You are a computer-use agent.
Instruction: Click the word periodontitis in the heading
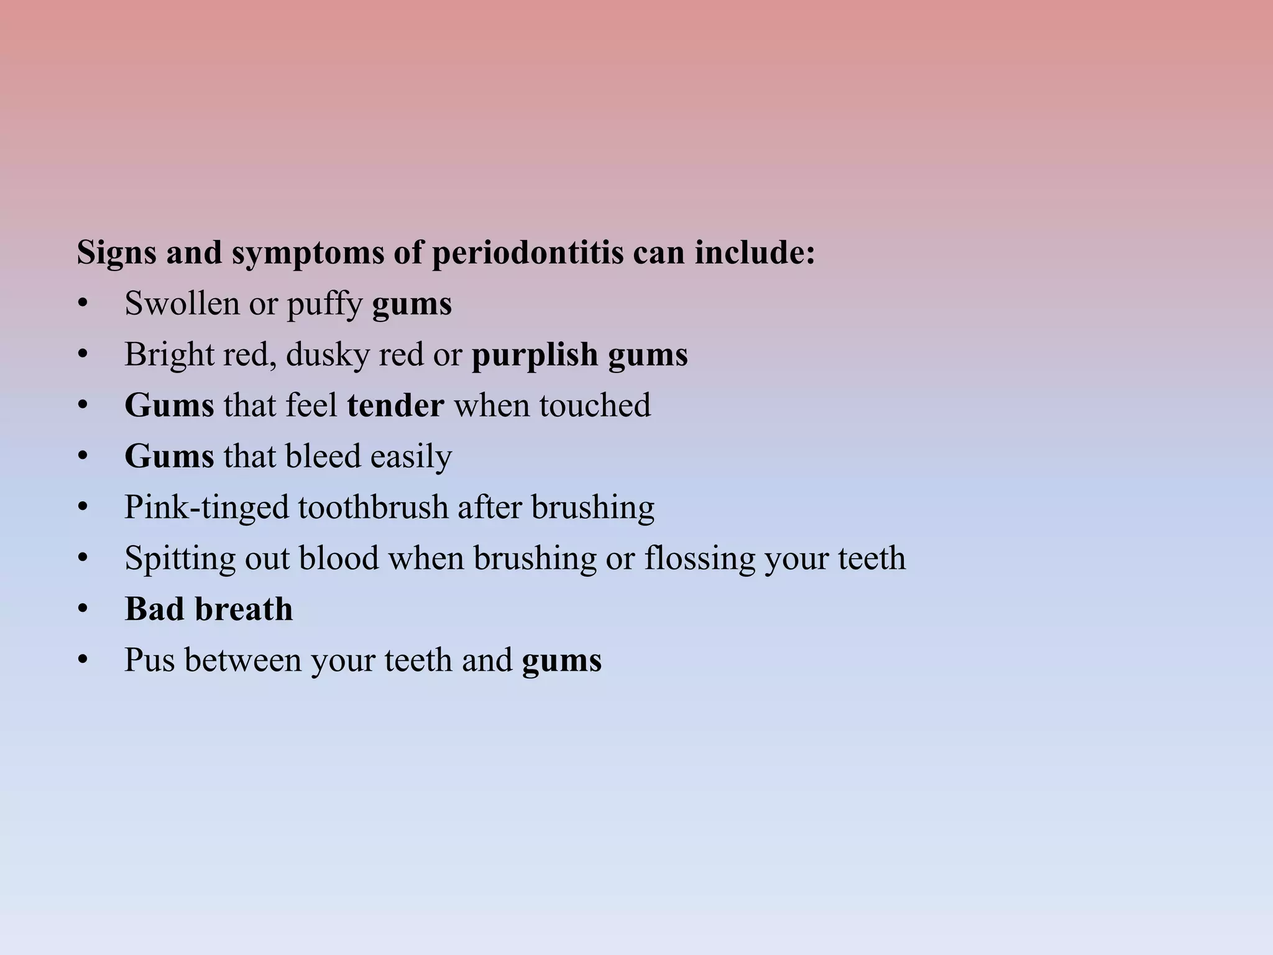(x=528, y=253)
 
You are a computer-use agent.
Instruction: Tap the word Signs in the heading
(x=116, y=253)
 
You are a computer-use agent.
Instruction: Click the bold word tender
(x=396, y=405)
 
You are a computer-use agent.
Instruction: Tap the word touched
(x=595, y=405)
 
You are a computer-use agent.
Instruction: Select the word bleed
(x=323, y=456)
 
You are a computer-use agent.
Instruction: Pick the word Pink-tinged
(x=206, y=507)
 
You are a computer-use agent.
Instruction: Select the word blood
(x=339, y=558)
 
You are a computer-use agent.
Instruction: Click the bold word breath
(x=244, y=609)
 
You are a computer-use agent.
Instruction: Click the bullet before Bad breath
(x=83, y=609)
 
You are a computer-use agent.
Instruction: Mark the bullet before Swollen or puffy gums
(x=83, y=304)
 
